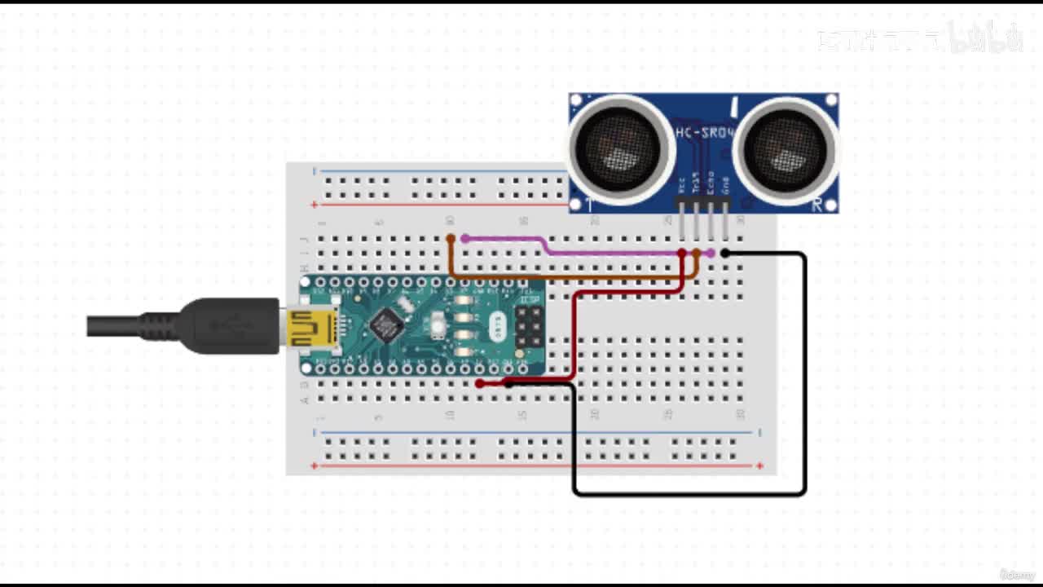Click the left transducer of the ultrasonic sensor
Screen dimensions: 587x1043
pos(618,149)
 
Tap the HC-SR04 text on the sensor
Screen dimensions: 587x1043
pos(704,132)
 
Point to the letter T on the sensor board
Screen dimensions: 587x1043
pos(589,205)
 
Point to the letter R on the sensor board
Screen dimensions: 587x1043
pos(816,205)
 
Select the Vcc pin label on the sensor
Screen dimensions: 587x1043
pos(681,183)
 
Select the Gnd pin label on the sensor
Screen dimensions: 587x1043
pos(725,183)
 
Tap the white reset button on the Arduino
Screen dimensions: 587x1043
pos(438,327)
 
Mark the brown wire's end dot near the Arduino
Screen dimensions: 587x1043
pos(451,239)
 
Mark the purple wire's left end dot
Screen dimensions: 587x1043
pos(465,239)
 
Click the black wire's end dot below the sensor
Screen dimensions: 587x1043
pos(725,254)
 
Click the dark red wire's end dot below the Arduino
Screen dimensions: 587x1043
pos(480,383)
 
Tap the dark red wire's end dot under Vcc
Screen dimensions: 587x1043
pos(682,254)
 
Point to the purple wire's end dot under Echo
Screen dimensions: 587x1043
pos(711,254)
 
